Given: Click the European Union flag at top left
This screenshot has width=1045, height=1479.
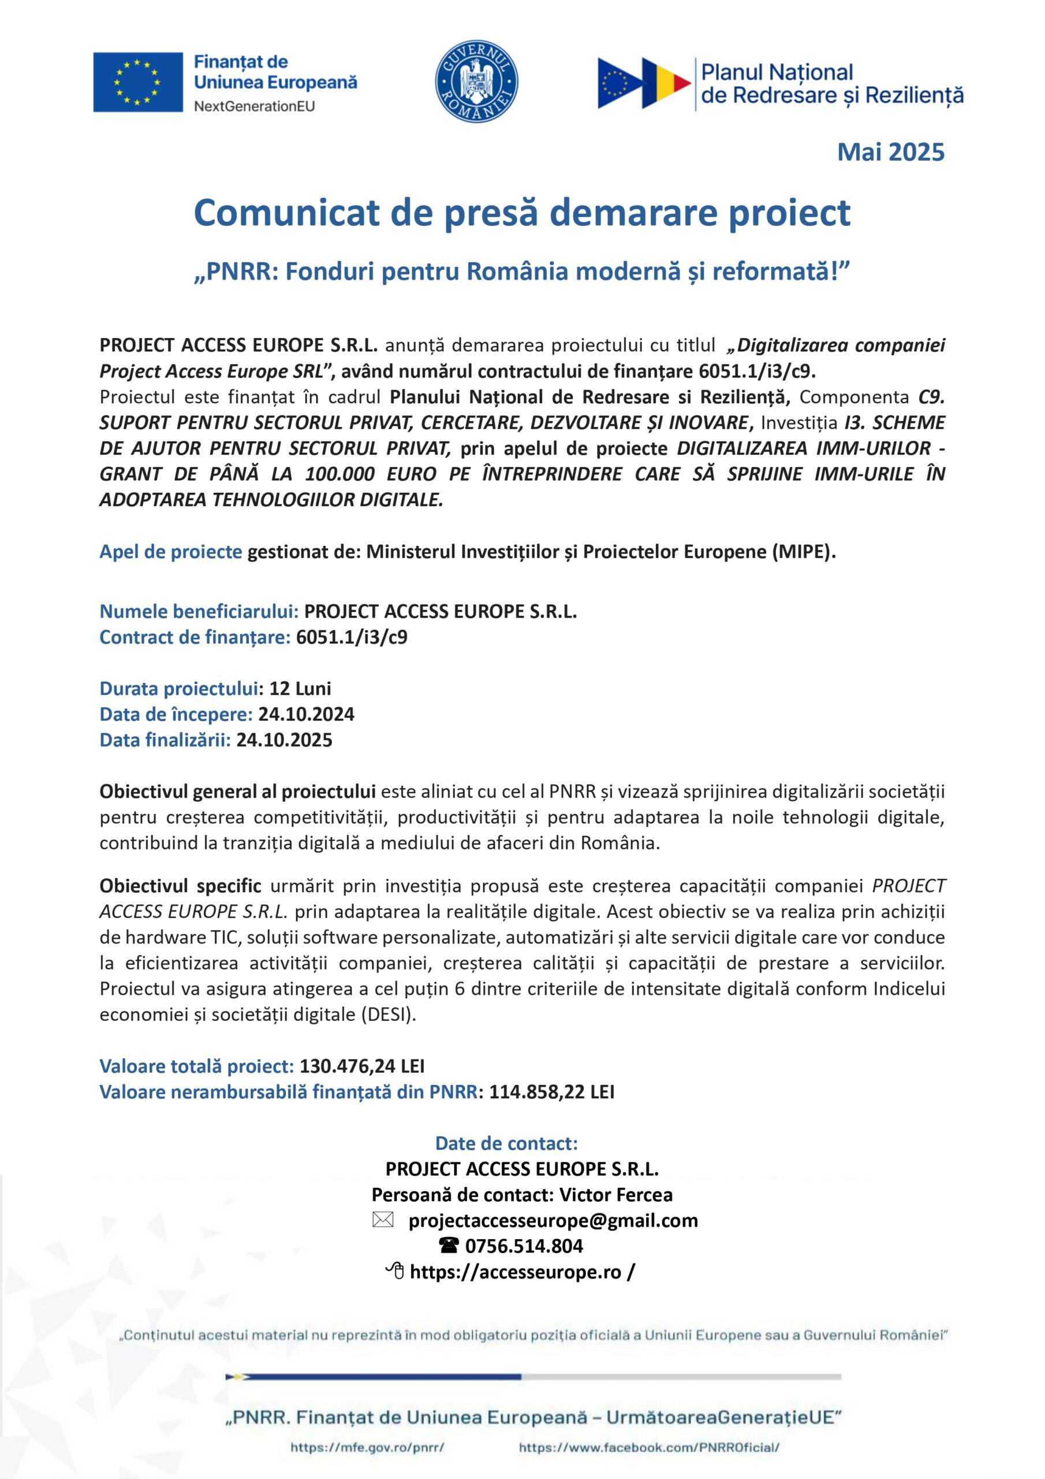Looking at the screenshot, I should [x=138, y=82].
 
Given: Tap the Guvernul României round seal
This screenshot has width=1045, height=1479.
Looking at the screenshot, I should [x=477, y=82].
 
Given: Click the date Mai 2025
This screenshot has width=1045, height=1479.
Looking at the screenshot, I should [x=890, y=152].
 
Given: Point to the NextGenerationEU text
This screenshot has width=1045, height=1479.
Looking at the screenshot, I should [x=255, y=106].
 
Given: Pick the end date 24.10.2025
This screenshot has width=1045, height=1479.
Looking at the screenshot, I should [x=284, y=739].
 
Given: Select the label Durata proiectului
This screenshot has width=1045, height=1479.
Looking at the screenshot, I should [x=179, y=688].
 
